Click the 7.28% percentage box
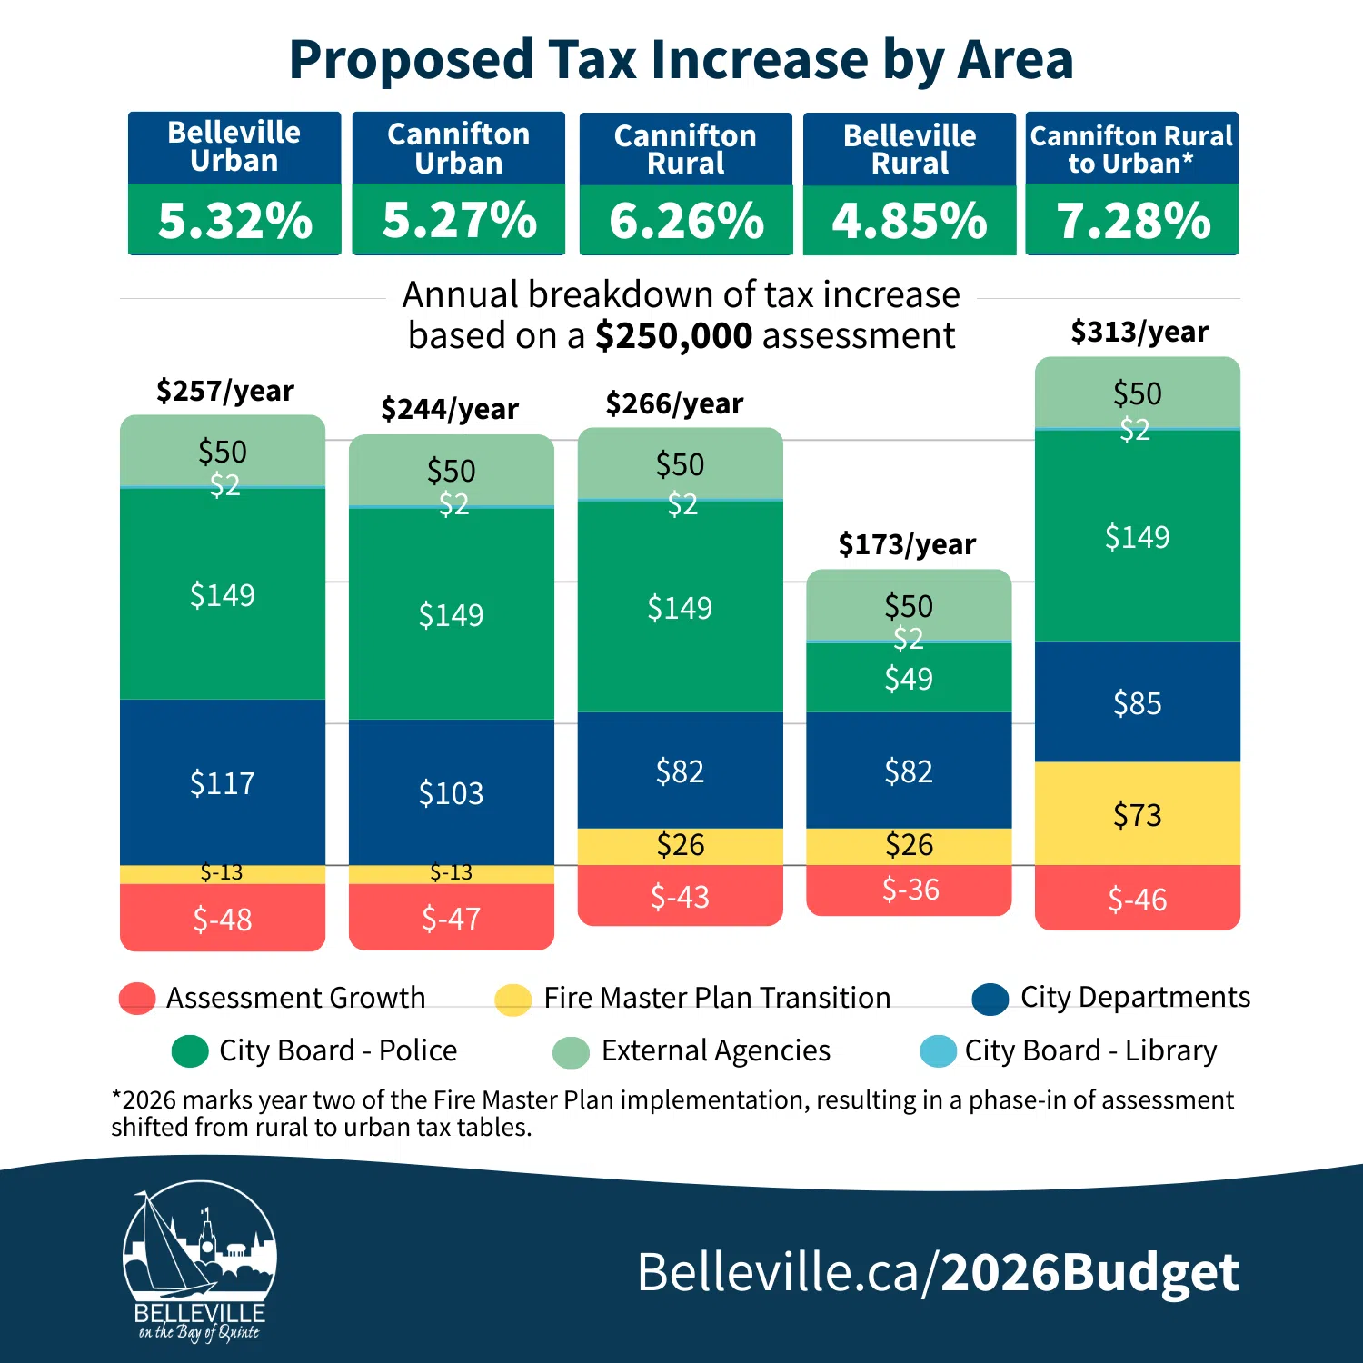1132,220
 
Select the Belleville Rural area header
910,149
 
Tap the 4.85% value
910,221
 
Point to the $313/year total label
1139,332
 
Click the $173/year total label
907,544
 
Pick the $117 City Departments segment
223,782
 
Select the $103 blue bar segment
452,792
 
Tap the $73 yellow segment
1138,814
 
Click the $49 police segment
909,678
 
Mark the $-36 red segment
910,890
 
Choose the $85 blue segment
1138,702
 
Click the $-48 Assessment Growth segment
223,919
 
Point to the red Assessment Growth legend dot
137,998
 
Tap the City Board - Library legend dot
938,1051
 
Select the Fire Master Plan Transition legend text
717,998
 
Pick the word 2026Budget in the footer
1089,1271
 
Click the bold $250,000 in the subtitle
673,336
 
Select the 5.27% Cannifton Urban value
459,220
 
